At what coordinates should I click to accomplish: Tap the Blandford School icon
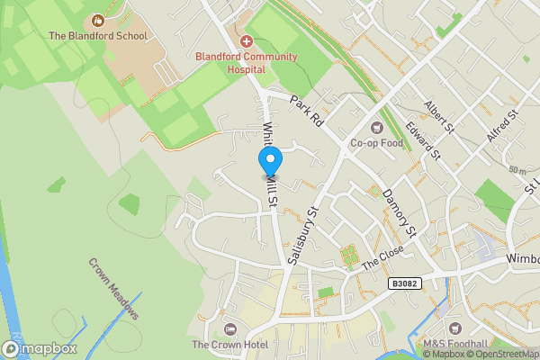(x=98, y=21)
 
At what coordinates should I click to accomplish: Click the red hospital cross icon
(x=247, y=41)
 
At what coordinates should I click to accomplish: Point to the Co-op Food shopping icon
(x=376, y=127)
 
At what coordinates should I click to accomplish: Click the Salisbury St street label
(x=303, y=236)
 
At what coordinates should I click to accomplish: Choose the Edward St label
(x=421, y=141)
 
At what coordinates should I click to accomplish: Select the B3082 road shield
(x=405, y=283)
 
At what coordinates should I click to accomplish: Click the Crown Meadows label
(x=114, y=289)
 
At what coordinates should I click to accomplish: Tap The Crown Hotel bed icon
(x=229, y=328)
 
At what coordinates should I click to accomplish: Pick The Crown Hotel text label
(x=229, y=345)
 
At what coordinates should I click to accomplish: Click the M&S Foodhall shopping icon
(x=454, y=328)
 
